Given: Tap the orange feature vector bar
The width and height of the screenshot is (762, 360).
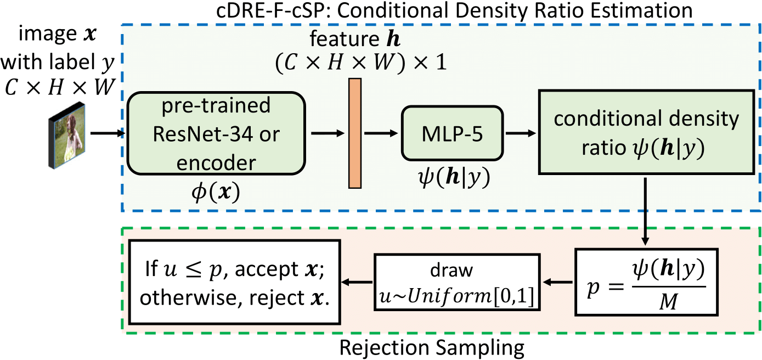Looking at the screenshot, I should click(354, 133).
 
